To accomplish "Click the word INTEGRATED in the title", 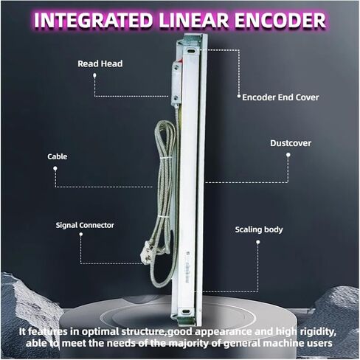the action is point(94,20).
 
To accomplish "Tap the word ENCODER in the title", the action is point(280,20).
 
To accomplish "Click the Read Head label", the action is point(100,63).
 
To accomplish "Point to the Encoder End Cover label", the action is point(280,97).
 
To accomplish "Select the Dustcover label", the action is point(291,143).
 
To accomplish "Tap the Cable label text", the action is point(58,156).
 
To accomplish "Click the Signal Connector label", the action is point(85,225).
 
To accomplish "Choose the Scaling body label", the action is point(259,229).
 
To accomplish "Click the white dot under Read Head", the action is point(94,75).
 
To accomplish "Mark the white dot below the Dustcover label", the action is point(288,155).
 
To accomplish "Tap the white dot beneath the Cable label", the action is point(55,168).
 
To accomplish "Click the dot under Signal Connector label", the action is point(81,235).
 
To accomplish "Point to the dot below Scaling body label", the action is point(258,242).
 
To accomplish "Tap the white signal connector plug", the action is point(147,253).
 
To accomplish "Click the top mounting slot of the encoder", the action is point(191,51).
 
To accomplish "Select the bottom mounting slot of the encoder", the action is point(185,312).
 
